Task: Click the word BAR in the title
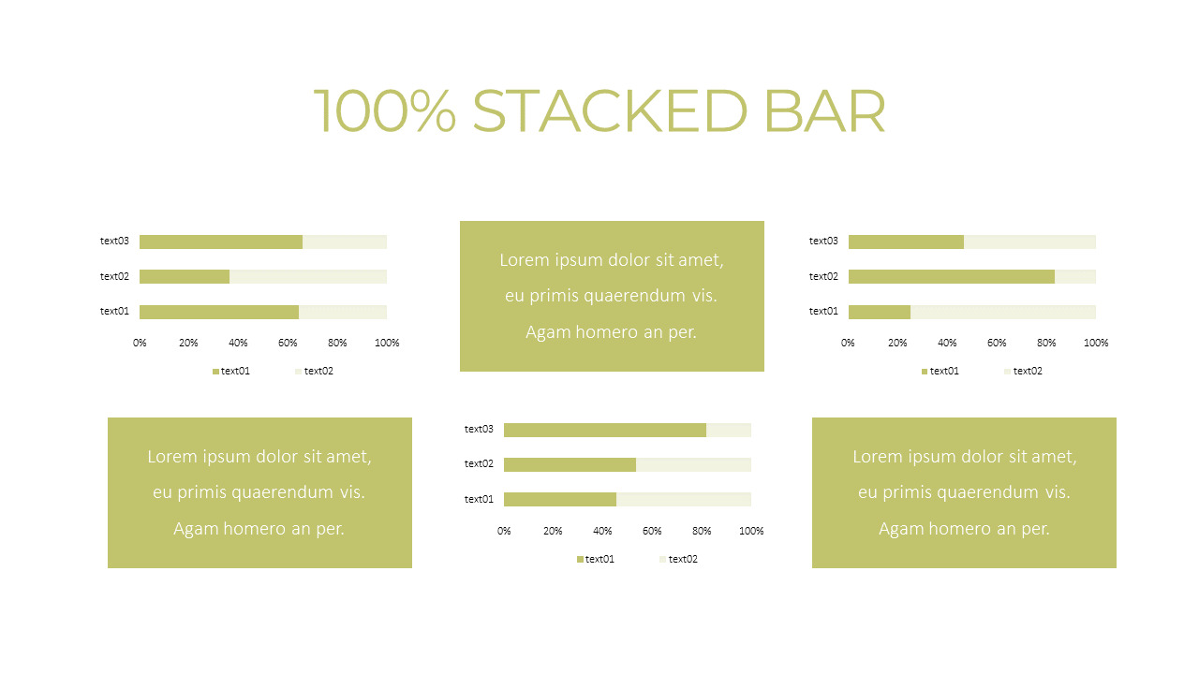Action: point(824,112)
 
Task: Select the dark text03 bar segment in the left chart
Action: point(221,242)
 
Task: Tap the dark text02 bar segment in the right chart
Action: point(951,276)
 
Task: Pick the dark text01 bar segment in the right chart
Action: point(879,311)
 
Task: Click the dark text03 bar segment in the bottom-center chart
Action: point(604,430)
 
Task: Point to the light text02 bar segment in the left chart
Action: point(308,276)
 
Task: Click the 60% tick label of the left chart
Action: point(288,343)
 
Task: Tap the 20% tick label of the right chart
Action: point(897,343)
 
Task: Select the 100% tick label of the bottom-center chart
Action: point(751,531)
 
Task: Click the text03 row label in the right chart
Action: point(823,241)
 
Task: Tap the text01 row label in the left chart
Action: point(114,311)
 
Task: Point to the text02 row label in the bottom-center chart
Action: point(479,463)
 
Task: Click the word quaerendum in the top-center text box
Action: point(634,296)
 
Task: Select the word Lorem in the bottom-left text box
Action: point(173,457)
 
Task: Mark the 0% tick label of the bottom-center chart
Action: point(504,531)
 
